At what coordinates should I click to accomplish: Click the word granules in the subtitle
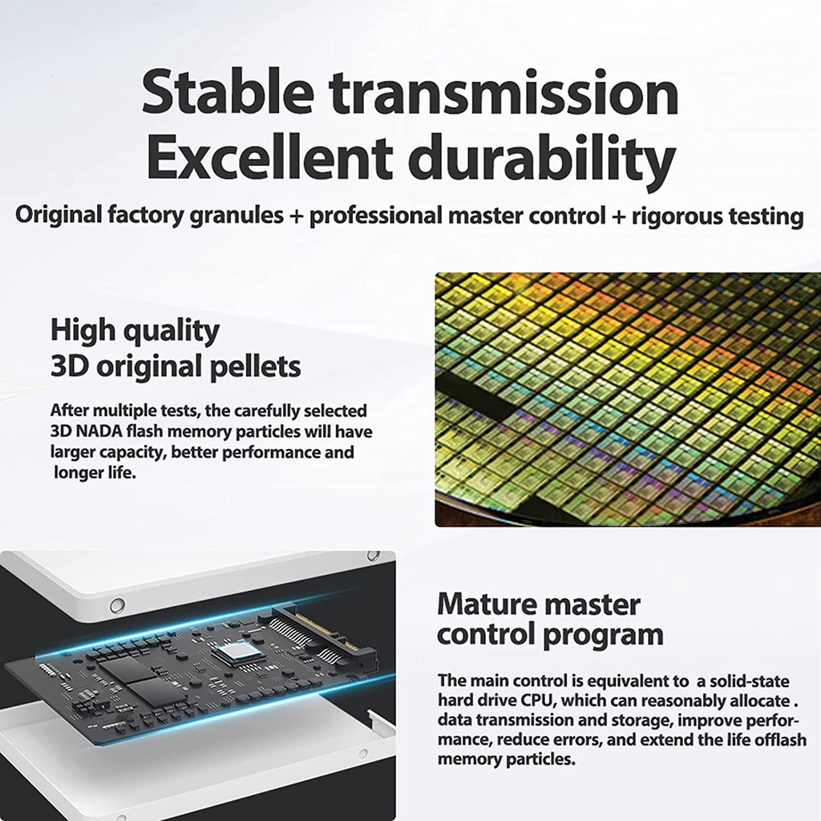(237, 216)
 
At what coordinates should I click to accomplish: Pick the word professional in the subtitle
(375, 216)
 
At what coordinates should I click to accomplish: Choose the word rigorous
(676, 216)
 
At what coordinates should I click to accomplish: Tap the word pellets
(255, 366)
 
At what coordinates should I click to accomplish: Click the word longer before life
(77, 473)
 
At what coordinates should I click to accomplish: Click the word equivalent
(629, 681)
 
